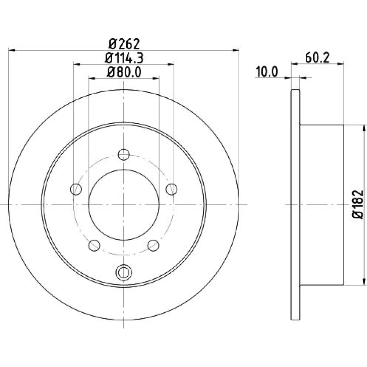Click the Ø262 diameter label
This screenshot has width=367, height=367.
pos(124,44)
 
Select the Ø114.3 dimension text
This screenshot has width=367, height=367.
pos(124,58)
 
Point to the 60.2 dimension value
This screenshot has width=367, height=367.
pos(317,58)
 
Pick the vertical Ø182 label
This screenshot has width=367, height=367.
pos(358,204)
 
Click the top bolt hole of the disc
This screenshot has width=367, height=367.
pos(124,155)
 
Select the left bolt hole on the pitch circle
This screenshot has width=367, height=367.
pos(76,189)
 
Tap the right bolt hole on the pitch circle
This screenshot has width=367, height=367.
pos(171,189)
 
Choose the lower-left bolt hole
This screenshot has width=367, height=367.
pos(94,246)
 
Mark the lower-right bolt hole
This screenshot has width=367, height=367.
pos(153,246)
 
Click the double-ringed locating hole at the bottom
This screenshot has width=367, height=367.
pos(124,272)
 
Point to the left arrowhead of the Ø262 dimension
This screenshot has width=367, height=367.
pos(12,50)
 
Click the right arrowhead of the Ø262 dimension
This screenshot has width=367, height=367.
pos(236,50)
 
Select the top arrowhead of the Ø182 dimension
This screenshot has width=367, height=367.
pos(364,128)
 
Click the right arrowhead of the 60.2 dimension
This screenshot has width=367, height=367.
pos(341,63)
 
